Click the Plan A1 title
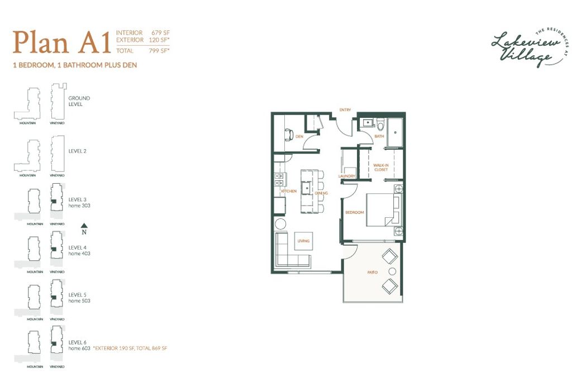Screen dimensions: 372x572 [x=62, y=42]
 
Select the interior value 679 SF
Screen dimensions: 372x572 [x=160, y=32]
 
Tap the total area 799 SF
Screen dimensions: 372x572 [x=160, y=50]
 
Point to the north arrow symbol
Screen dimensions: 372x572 [x=84, y=226]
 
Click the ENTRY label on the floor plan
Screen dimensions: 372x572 [x=345, y=110]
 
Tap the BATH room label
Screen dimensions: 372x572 [x=379, y=136]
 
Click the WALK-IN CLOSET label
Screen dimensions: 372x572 [x=381, y=167]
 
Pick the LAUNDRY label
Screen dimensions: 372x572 [x=347, y=177]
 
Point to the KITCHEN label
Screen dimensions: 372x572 [x=289, y=192]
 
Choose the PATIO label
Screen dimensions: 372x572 [x=372, y=272]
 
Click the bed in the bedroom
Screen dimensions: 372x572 [x=382, y=209]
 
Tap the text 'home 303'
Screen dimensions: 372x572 [x=79, y=206]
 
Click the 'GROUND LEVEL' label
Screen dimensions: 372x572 [x=79, y=101]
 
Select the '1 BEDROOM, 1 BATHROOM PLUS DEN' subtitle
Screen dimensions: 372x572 [x=75, y=65]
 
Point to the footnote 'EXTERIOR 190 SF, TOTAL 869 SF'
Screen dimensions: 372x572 [x=131, y=348]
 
